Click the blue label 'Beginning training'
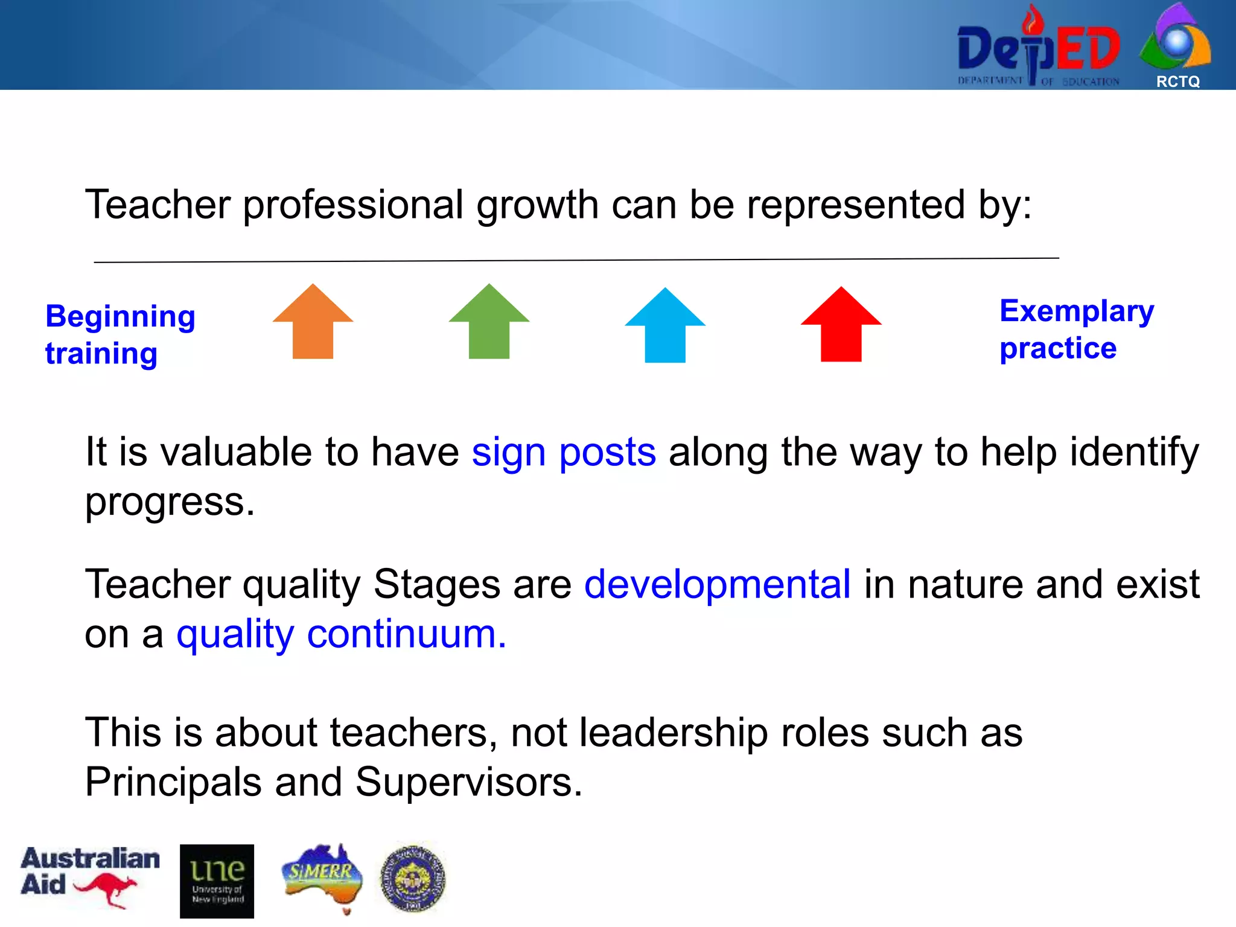coord(120,334)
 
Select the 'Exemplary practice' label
coord(1076,330)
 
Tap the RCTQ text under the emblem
coord(1177,81)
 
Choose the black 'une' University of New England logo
coord(217,881)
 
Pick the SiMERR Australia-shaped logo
coord(322,877)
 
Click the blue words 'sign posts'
coord(563,452)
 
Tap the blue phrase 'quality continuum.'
coord(341,634)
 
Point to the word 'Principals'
coord(173,782)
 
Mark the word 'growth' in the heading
coord(537,205)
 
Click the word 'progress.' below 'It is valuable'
coord(170,502)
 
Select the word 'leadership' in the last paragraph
coord(673,733)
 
